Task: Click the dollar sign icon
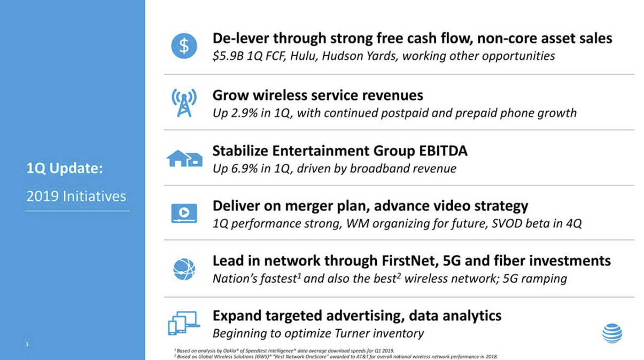point(184,46)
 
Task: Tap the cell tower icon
point(184,103)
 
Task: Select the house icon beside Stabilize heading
point(184,158)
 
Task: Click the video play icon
point(184,213)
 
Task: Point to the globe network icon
point(184,269)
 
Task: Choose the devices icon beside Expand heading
point(184,323)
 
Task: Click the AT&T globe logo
point(612,333)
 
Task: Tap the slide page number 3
point(27,344)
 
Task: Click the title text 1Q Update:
point(64,168)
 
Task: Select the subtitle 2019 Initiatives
point(76,197)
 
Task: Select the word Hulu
point(304,56)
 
